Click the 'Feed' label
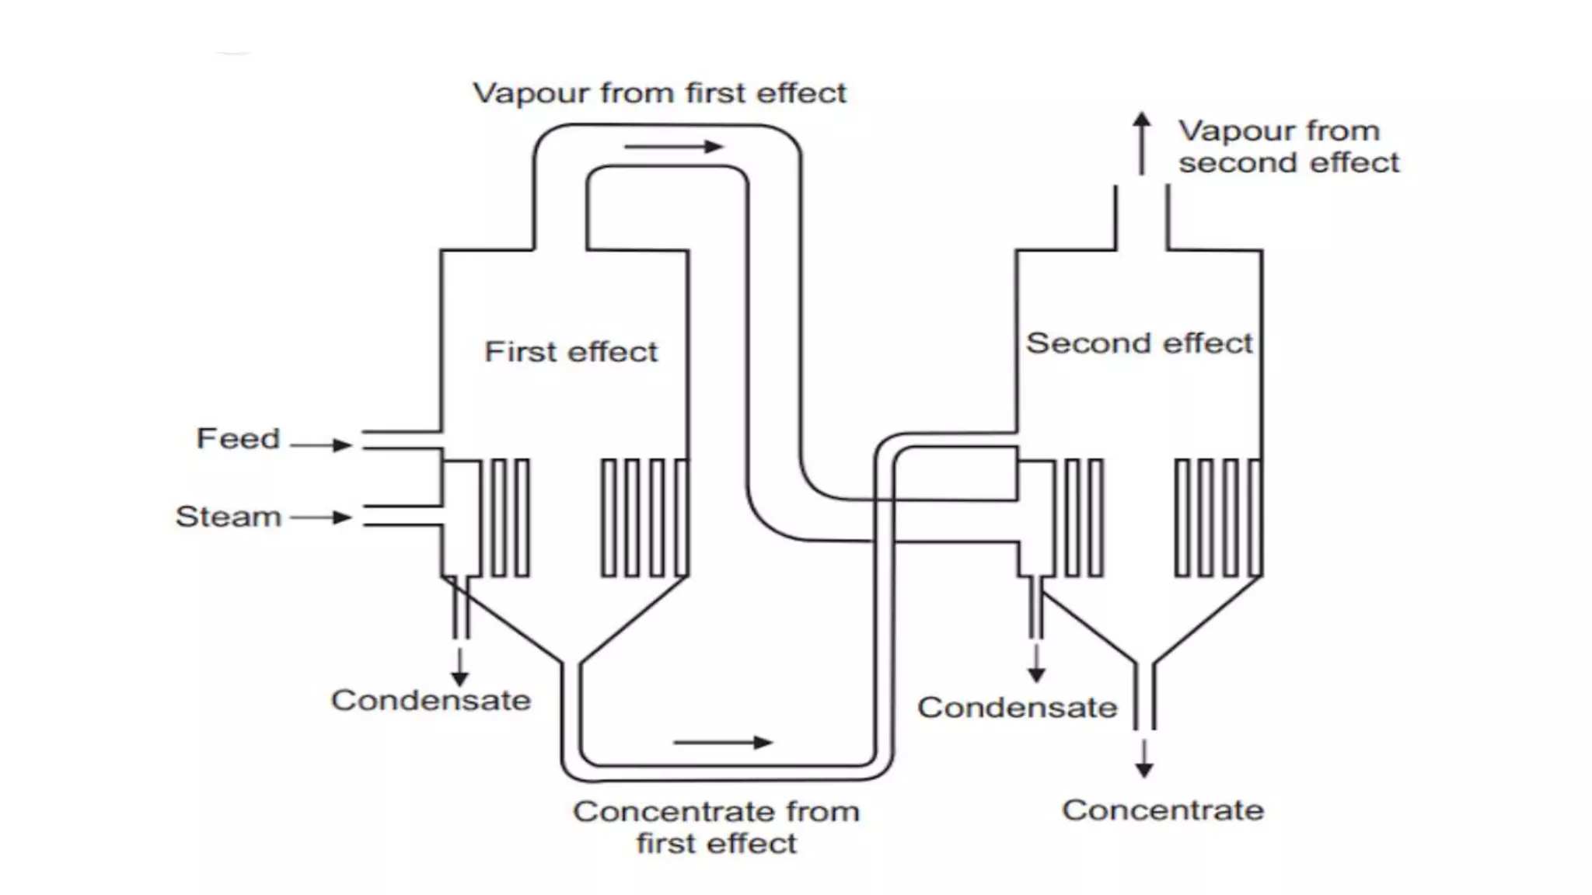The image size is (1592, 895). (238, 439)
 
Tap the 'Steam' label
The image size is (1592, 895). (229, 517)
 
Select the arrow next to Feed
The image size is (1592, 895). (321, 444)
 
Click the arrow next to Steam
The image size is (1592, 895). (321, 517)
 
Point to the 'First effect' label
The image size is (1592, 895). (571, 352)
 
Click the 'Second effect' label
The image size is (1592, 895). (1139, 343)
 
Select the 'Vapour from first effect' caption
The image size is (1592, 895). (659, 93)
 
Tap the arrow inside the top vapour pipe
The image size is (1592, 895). (673, 146)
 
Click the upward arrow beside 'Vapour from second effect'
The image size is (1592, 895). (1141, 143)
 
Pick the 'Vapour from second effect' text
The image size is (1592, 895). (1288, 147)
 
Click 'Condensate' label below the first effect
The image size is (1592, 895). (431, 701)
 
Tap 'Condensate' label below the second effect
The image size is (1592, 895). (1017, 708)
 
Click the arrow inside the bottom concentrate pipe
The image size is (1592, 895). (722, 743)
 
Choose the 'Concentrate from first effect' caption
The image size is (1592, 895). (716, 827)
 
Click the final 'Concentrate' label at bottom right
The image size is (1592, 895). (1163, 810)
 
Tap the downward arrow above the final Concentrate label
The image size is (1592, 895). (1143, 759)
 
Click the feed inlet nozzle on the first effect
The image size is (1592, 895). (401, 440)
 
